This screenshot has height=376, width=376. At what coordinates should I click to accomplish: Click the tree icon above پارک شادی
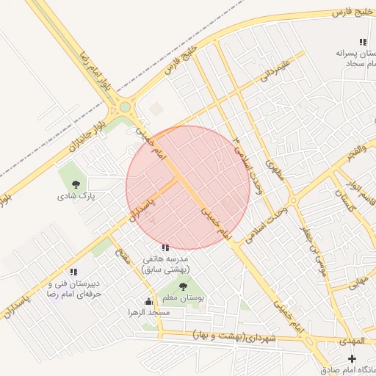(76, 184)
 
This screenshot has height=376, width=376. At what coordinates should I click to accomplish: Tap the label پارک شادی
(76, 196)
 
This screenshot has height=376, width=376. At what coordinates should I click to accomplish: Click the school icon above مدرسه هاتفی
(165, 247)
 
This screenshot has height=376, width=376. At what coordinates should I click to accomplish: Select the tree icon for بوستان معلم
(182, 286)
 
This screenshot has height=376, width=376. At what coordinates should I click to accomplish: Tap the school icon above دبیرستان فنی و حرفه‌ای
(73, 272)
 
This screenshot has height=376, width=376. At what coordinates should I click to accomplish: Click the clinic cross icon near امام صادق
(352, 358)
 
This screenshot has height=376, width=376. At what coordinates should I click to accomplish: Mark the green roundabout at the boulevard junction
(125, 107)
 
